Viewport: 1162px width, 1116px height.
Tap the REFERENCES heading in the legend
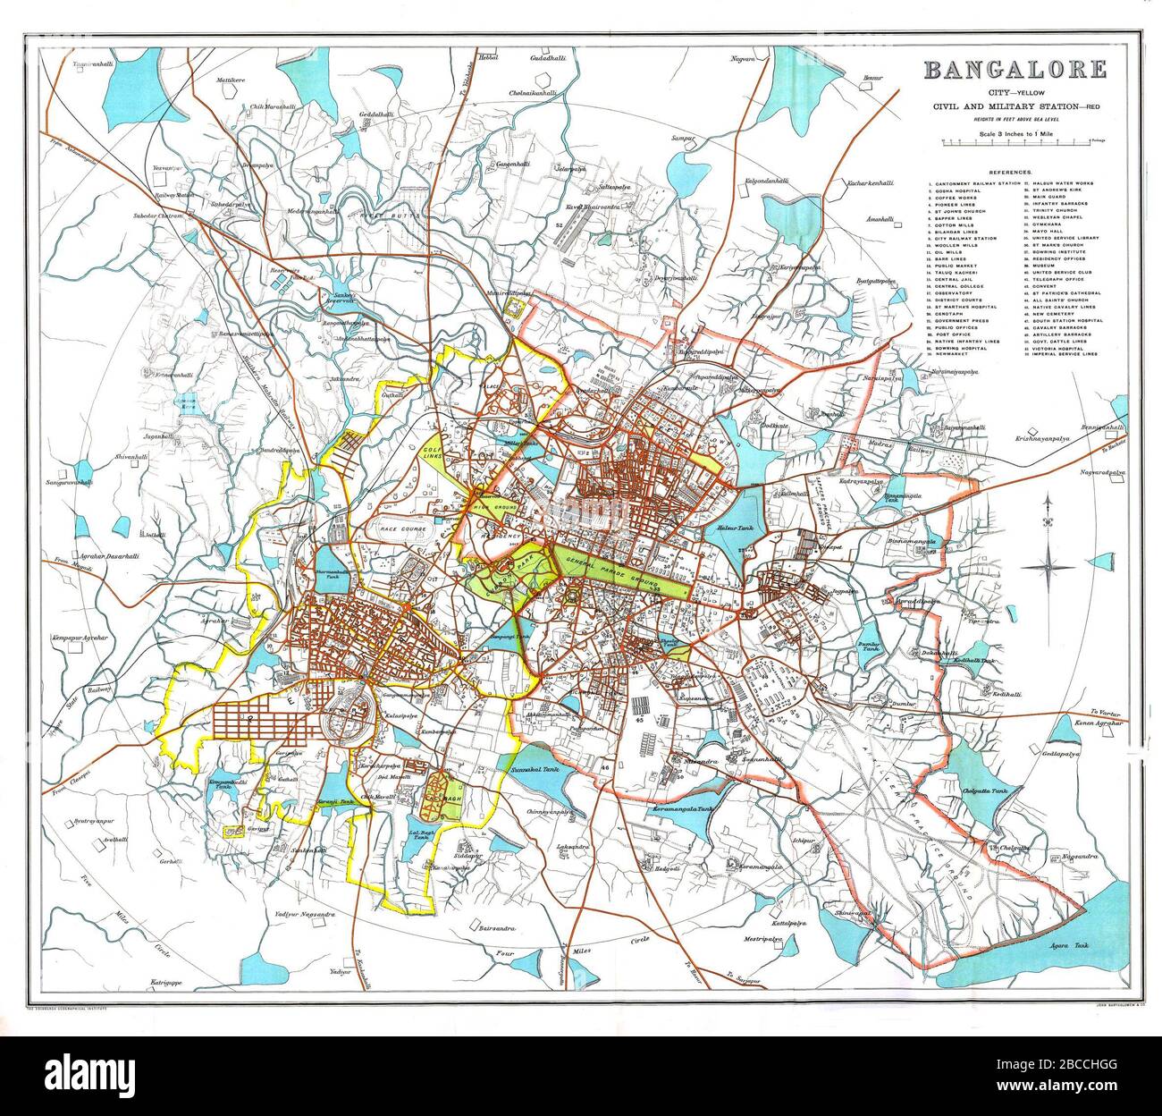pyautogui.click(x=1011, y=172)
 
